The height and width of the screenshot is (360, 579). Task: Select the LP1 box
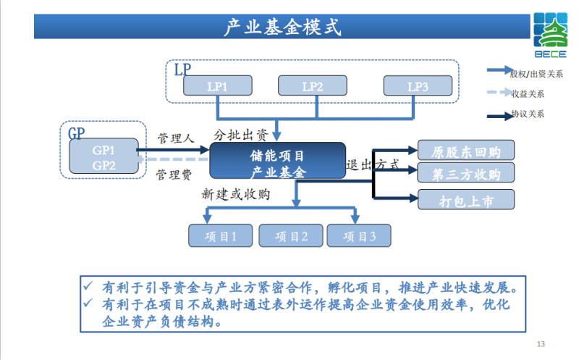[218, 86]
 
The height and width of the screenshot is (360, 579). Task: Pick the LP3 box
[418, 86]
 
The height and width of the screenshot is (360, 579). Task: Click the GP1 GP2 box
[103, 157]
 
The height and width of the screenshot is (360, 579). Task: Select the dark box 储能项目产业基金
[277, 162]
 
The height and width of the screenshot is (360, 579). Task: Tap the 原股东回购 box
[466, 151]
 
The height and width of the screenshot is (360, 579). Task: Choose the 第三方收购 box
[466, 174]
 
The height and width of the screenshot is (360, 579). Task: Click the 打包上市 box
[466, 201]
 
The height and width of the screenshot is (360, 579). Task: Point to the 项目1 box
[218, 236]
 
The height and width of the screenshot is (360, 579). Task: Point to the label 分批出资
[240, 135]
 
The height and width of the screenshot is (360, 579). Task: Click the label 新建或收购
[235, 194]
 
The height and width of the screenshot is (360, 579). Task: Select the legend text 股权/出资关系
[536, 73]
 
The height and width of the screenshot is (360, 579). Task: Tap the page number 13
[541, 343]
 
